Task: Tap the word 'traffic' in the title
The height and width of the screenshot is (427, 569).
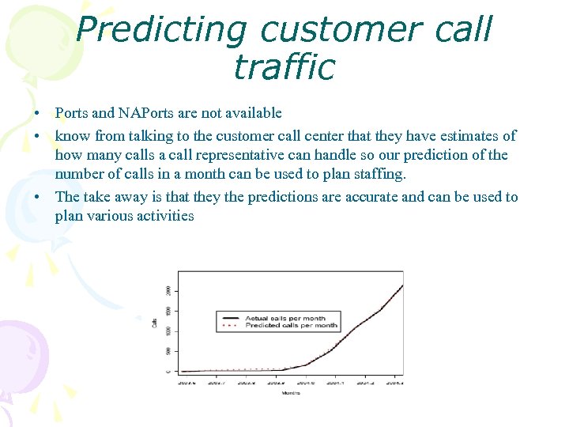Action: click(x=284, y=66)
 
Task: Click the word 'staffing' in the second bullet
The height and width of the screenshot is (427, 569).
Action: click(x=377, y=175)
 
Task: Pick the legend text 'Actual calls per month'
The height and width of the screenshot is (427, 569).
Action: click(x=285, y=318)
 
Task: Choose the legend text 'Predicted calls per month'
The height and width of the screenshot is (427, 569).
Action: click(x=291, y=325)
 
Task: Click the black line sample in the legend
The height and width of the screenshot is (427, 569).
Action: click(x=230, y=318)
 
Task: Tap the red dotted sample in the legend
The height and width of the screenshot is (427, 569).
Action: click(x=230, y=325)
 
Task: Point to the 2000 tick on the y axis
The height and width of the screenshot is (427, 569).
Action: click(x=168, y=290)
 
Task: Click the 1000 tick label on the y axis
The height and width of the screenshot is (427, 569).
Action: click(x=168, y=331)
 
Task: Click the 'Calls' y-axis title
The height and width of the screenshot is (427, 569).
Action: click(x=155, y=323)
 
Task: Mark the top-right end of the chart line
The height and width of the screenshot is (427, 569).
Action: click(x=402, y=285)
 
